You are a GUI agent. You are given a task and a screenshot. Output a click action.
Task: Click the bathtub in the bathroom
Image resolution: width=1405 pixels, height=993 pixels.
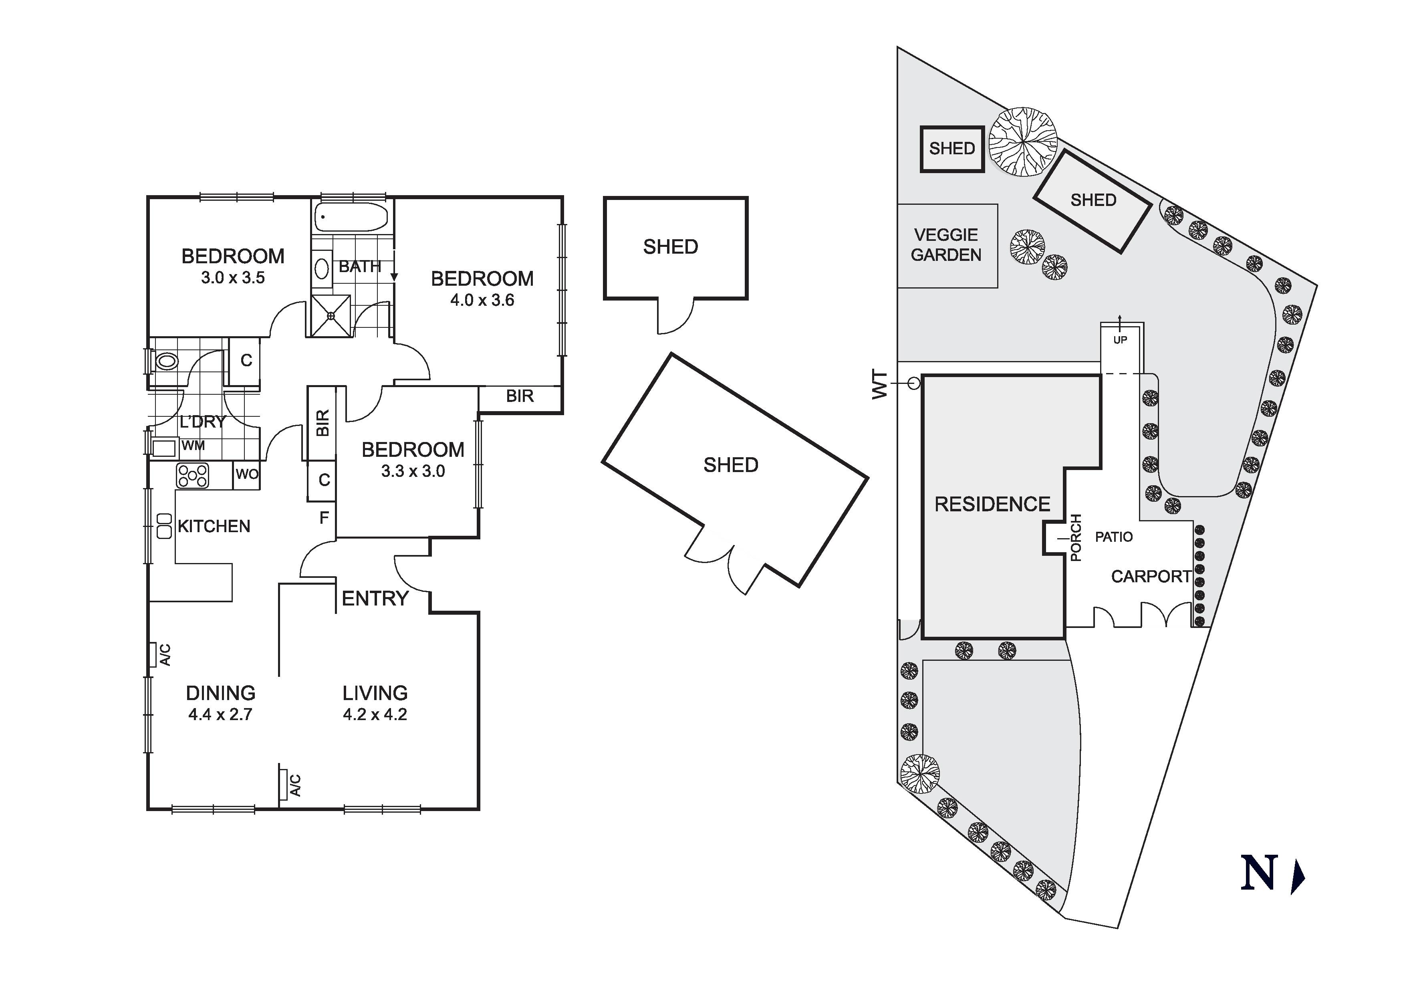click(351, 217)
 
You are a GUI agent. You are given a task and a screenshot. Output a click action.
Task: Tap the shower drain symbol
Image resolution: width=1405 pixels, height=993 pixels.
click(331, 316)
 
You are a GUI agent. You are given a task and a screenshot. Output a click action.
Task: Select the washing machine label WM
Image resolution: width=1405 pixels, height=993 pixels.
click(194, 446)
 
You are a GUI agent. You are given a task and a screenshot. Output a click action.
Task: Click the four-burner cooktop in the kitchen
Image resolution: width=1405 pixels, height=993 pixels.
click(193, 476)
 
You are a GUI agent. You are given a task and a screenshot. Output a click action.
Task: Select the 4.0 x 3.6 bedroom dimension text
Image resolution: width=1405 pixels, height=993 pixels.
click(482, 301)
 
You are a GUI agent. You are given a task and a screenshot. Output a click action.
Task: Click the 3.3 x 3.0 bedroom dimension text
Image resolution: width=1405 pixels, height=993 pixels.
click(413, 471)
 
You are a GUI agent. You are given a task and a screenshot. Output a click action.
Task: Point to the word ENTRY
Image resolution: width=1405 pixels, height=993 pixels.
click(375, 598)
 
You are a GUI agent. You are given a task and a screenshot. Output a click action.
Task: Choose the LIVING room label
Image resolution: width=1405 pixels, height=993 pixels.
click(375, 693)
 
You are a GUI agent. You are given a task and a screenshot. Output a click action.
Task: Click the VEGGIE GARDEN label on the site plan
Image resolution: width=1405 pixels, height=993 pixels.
click(946, 245)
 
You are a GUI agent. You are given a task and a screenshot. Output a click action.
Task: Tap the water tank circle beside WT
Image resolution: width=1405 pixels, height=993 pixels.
click(913, 384)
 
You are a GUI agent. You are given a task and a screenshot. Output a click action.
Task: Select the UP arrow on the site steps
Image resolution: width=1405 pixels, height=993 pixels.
click(1120, 323)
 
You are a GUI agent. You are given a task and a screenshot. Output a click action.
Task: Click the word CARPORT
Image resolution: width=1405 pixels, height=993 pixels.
click(1151, 577)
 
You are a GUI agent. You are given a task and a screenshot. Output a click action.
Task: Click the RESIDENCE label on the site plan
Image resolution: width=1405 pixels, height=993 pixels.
click(992, 505)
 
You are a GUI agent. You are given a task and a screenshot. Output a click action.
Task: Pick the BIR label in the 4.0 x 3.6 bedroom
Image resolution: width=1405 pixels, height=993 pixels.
click(520, 396)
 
